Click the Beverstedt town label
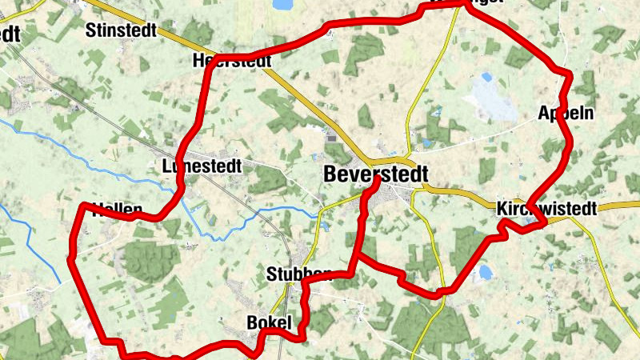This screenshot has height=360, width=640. [376, 174]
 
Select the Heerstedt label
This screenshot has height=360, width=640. [226, 61]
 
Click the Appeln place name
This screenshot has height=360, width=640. [566, 113]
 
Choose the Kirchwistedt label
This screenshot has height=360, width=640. [546, 209]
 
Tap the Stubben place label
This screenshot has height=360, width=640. [298, 275]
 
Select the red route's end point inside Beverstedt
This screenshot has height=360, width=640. [375, 181]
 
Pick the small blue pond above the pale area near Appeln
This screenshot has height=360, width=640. [487, 78]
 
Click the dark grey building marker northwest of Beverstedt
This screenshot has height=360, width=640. [331, 138]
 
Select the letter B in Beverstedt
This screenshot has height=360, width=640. [331, 174]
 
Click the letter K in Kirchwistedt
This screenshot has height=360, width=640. [502, 209]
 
